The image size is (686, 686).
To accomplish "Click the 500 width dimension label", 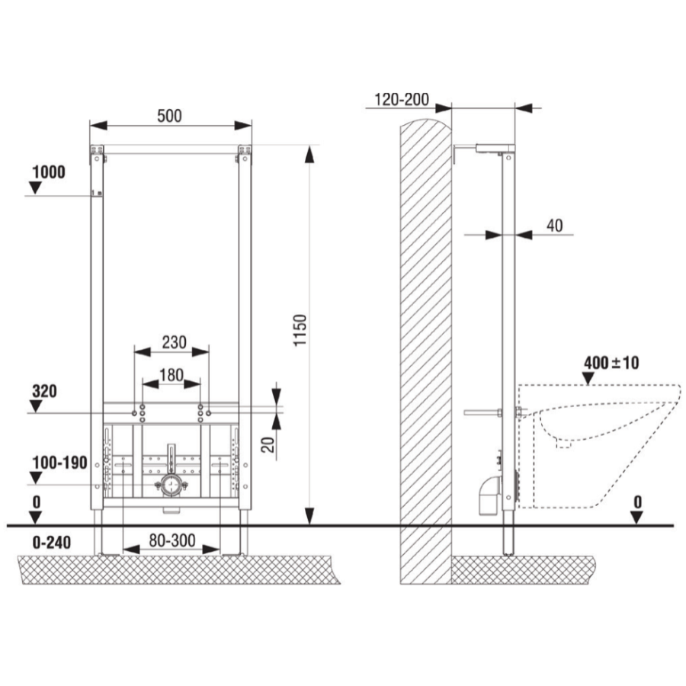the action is click(169, 116).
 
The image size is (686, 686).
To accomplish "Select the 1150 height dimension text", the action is click(300, 330).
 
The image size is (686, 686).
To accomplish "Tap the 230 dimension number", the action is click(174, 342).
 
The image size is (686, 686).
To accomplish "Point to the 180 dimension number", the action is click(171, 375).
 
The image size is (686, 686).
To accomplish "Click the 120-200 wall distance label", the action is click(402, 100).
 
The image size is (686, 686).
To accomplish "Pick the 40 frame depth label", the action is click(555, 226).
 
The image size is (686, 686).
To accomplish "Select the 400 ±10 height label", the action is click(611, 363).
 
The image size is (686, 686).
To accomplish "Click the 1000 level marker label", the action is click(49, 172).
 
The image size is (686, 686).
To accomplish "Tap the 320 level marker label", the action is click(44, 391).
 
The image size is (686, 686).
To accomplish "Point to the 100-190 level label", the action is click(60, 463).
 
